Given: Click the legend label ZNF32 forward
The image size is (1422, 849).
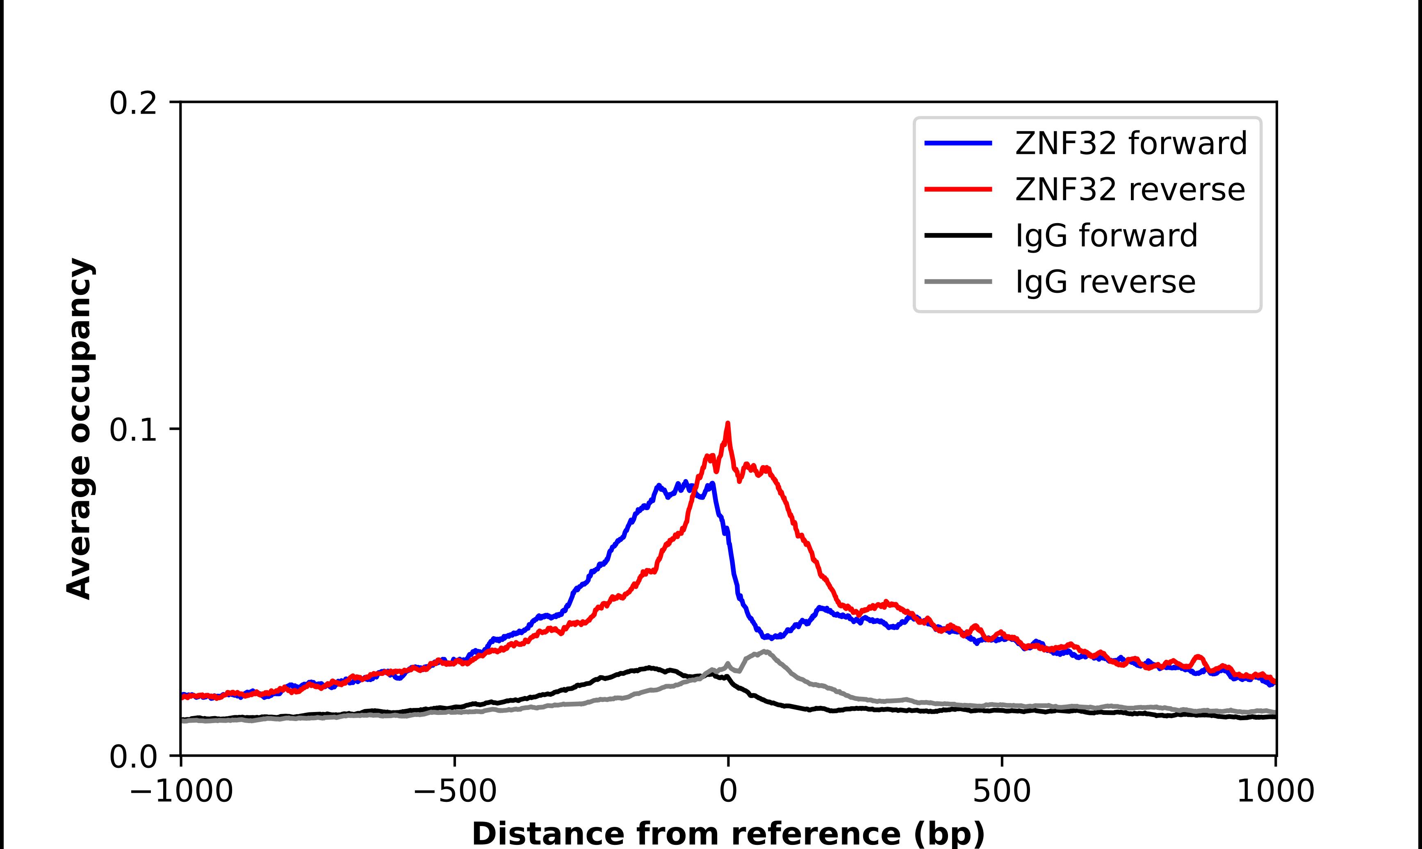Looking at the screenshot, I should pos(1130,143).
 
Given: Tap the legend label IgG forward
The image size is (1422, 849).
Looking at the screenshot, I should pos(1106,236).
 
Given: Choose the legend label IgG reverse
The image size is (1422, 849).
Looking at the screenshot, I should pos(1105,282).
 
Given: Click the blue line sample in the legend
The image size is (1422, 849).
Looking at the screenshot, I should pos(958,143).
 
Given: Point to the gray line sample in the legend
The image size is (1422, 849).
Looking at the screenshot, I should pos(958,281).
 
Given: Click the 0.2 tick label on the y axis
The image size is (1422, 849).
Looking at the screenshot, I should pos(133,103).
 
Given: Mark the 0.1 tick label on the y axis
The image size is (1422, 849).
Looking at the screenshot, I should pos(133,430).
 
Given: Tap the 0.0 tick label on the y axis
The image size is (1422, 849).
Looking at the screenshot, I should pos(133,757).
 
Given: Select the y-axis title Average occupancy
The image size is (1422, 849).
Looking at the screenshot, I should pos(79,429).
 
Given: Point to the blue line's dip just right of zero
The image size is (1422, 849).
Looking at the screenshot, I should pos(769,637).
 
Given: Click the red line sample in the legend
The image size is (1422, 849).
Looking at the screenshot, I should pos(958,189).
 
